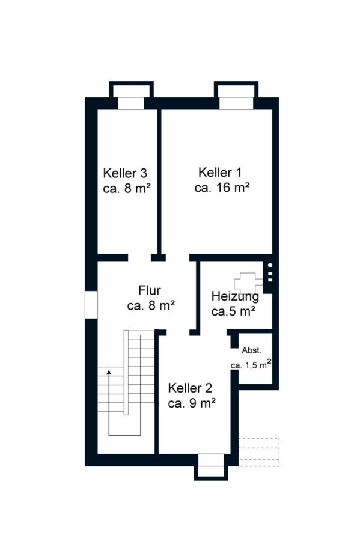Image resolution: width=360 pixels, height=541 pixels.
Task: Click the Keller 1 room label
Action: (x=220, y=172)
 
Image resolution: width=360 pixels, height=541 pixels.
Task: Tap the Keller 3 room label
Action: (x=125, y=173)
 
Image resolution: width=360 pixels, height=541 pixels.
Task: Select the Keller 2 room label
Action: (x=190, y=388)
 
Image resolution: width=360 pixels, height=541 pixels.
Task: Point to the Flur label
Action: (x=150, y=290)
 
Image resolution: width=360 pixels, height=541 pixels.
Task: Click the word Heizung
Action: (x=235, y=296)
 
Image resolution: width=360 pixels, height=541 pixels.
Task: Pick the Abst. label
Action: (x=251, y=350)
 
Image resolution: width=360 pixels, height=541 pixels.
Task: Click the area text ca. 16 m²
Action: (x=222, y=188)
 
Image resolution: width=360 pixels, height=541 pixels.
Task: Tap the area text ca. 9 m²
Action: (x=192, y=403)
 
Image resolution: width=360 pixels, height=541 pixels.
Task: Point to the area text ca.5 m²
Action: (x=233, y=311)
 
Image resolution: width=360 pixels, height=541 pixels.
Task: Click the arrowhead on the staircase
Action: (x=109, y=372)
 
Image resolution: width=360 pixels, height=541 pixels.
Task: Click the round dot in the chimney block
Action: (x=270, y=265)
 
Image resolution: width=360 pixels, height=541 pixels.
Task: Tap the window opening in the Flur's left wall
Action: (x=91, y=304)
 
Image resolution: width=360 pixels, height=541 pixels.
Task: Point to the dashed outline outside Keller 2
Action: (x=258, y=452)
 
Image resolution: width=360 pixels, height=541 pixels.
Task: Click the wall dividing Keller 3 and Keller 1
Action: (x=159, y=182)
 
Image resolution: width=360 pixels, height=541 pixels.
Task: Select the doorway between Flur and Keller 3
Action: (x=139, y=258)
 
